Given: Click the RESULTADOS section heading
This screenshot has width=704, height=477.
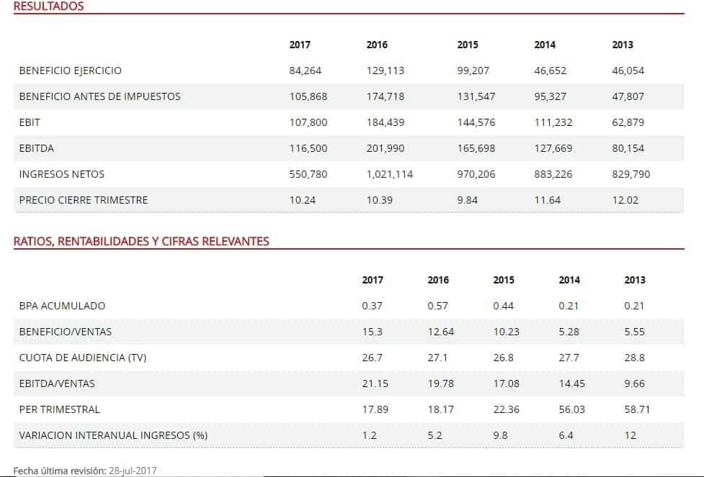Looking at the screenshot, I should click(x=49, y=6).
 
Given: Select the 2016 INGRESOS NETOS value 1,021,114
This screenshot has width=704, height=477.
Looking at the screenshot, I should click(x=389, y=174).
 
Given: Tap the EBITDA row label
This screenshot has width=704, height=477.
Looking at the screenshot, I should click(x=37, y=148).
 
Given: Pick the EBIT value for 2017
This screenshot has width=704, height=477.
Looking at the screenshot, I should click(x=308, y=122).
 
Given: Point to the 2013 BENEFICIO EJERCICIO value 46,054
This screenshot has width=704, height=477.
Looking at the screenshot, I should click(x=628, y=71).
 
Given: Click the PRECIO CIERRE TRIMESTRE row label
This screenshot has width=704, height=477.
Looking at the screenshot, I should click(x=84, y=200).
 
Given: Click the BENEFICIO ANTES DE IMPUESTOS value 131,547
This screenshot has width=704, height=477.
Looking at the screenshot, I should click(x=476, y=96).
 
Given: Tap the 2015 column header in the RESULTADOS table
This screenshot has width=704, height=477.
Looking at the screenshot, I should click(x=468, y=45).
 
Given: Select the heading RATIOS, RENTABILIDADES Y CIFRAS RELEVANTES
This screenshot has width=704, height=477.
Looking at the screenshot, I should click(x=141, y=241).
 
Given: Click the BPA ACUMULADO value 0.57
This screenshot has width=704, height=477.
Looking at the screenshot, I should click(x=437, y=306).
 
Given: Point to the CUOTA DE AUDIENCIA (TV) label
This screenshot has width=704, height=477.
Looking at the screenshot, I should click(x=77, y=358).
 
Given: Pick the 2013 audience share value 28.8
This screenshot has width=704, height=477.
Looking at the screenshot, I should click(x=635, y=358).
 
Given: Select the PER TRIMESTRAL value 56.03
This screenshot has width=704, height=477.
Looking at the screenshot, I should click(x=571, y=409).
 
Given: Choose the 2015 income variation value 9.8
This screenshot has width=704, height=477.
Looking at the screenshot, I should click(x=501, y=435).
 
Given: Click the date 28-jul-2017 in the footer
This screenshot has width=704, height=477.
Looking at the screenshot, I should click(x=133, y=471).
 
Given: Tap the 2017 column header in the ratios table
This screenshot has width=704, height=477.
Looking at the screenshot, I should click(x=373, y=280).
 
